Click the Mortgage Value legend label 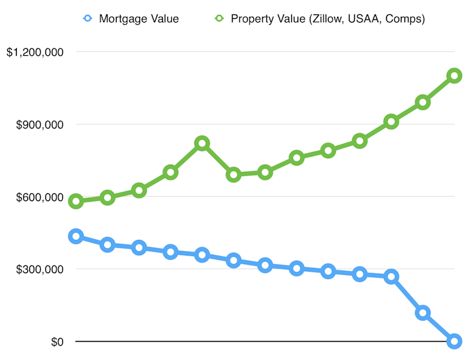(x=138, y=18)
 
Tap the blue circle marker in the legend (x=88, y=18)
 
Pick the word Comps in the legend (x=401, y=18)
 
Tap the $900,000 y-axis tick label (x=40, y=125)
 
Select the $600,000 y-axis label (x=40, y=197)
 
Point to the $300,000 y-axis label (x=40, y=269)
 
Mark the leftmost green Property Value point (x=76, y=201)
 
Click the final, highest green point (x=454, y=75)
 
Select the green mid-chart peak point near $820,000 (x=202, y=143)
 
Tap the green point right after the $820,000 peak (x=233, y=174)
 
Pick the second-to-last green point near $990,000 (x=423, y=102)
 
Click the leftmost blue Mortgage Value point (x=76, y=236)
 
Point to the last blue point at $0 (x=454, y=341)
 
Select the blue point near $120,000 (x=423, y=313)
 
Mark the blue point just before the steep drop (x=391, y=276)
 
